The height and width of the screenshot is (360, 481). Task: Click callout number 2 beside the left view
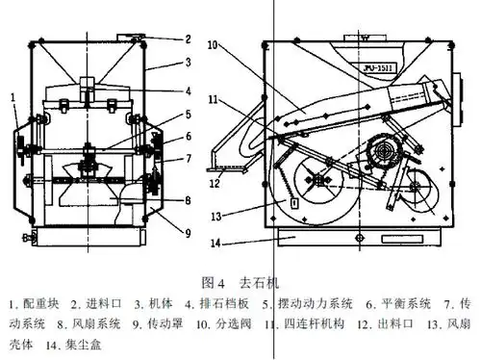[189, 39]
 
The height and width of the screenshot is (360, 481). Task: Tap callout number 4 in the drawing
[189, 91]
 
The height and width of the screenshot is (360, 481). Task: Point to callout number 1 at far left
[13, 96]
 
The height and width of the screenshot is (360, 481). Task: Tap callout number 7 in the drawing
[189, 158]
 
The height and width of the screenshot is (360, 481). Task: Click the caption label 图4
[214, 283]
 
